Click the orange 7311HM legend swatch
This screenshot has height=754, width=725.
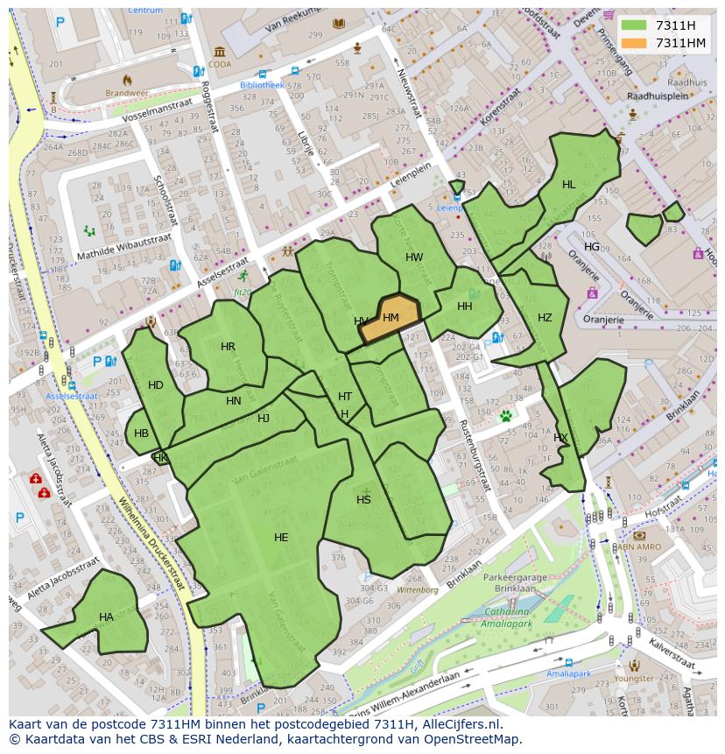635,43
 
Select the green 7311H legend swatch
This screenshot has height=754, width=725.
635,26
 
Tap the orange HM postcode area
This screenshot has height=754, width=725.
390,318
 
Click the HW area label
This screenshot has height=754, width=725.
414,257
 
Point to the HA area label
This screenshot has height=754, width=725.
106,617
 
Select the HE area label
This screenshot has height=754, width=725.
281,538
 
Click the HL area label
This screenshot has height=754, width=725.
569,185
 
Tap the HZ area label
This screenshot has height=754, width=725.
545,318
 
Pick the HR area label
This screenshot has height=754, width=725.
228,347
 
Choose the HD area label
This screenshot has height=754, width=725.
156,385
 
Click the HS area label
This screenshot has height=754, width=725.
363,500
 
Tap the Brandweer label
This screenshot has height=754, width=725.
122,92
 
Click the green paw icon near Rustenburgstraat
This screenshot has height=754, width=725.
505,416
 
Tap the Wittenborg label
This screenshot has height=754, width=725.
417,590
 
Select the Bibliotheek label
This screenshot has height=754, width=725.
263,85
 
